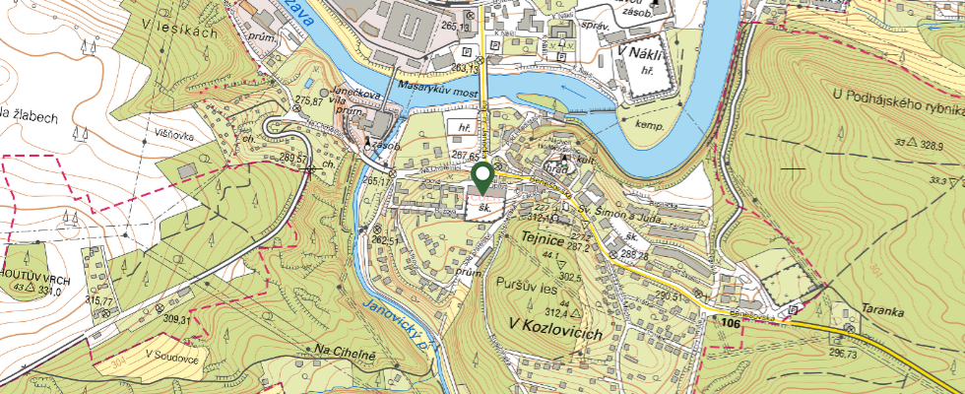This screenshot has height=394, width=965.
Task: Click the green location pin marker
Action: [482, 178]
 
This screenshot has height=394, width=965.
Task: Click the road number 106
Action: [730, 322]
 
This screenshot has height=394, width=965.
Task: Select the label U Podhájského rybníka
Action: [895, 95]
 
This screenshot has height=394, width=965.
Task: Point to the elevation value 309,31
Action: [178, 318]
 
